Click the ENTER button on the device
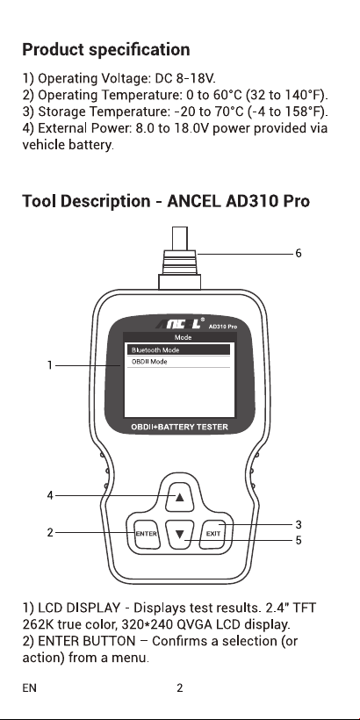tap(147, 534)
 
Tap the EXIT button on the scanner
tap(213, 534)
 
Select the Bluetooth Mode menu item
tap(178, 349)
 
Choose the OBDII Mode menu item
tap(178, 362)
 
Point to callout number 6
tap(299, 254)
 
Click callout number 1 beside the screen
tap(49, 365)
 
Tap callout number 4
tap(50, 495)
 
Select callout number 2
tap(50, 533)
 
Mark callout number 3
tap(299, 524)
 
